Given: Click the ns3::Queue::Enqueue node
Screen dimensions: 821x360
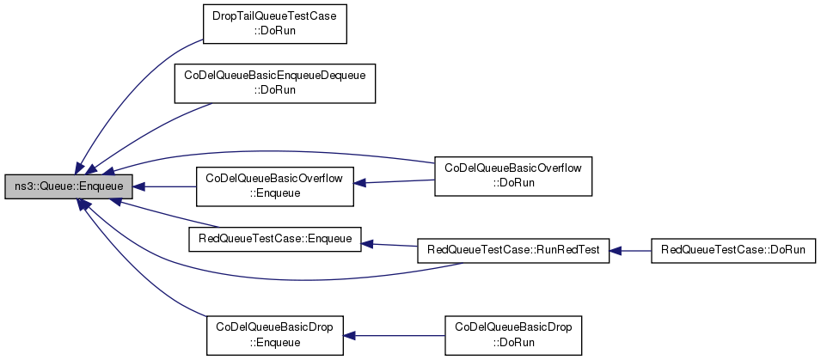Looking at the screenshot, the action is pyautogui.click(x=68, y=186).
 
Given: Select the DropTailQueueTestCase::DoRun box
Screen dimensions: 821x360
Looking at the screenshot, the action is pyautogui.click(x=275, y=23).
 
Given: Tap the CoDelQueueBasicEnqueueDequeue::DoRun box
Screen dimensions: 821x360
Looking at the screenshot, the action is pyautogui.click(x=275, y=83).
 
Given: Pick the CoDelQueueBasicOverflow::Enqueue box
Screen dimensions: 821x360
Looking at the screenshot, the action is pyautogui.click(x=275, y=186).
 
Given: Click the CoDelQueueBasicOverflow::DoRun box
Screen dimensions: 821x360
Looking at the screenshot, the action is pyautogui.click(x=513, y=176).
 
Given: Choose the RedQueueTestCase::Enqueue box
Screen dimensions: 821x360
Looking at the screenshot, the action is pyautogui.click(x=275, y=239).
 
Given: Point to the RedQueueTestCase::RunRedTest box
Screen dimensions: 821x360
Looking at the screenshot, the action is pyautogui.click(x=513, y=251).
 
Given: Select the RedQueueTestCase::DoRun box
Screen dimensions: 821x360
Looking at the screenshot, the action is pyautogui.click(x=733, y=251).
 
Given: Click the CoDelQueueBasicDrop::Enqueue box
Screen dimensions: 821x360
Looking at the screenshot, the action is pyautogui.click(x=275, y=335).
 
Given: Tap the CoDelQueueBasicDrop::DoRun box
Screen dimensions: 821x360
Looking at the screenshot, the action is pyautogui.click(x=513, y=335).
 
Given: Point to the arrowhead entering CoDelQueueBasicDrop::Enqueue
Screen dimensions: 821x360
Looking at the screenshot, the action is pyautogui.click(x=349, y=335).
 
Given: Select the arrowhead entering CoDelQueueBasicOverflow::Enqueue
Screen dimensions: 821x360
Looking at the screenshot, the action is pyautogui.click(x=359, y=183).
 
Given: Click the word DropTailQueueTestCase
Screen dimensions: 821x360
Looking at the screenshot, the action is pyautogui.click(x=275, y=17).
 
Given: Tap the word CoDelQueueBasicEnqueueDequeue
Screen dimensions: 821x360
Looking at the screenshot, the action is pyautogui.click(x=275, y=76).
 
